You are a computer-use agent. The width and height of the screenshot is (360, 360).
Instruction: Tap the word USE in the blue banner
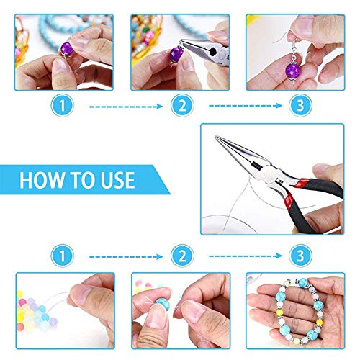(x=116, y=179)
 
